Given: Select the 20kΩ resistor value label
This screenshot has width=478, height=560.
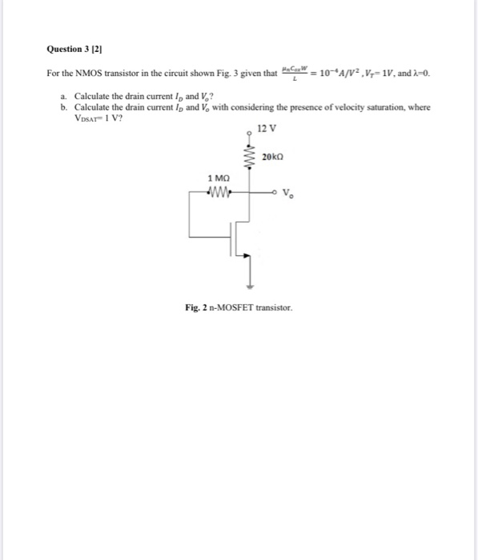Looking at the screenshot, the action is click(x=274, y=155).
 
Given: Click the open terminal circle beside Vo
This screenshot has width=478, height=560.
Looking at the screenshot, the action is click(x=276, y=192).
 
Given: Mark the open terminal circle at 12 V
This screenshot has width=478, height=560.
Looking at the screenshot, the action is click(x=249, y=134).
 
